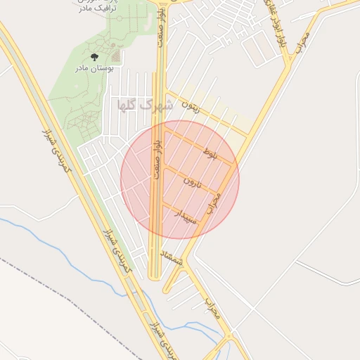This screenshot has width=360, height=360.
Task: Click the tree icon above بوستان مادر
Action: coord(95,57)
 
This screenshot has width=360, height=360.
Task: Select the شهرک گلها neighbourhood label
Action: coord(146,106)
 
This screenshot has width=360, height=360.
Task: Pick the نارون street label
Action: coord(193,182)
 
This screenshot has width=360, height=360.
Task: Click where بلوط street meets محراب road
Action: coord(235,166)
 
